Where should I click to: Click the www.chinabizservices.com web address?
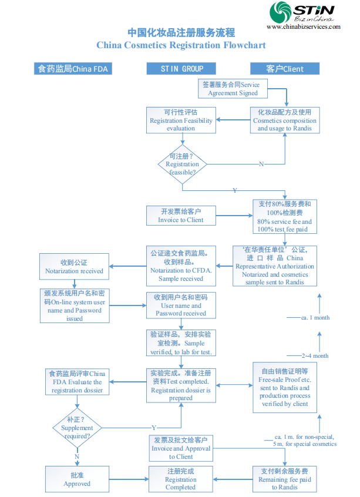tap(304, 26)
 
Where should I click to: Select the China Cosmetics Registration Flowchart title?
tap(181, 45)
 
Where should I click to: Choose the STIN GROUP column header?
tap(181, 69)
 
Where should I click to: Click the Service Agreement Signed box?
tap(231, 89)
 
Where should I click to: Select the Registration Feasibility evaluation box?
tap(181, 120)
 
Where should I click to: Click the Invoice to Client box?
tap(181, 215)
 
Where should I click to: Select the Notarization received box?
tap(74, 267)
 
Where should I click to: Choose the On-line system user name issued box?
tap(74, 305)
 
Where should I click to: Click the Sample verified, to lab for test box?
tap(181, 343)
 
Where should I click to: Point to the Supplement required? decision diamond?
tap(77, 427)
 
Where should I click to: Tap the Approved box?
tap(77, 479)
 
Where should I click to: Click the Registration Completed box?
tap(181, 479)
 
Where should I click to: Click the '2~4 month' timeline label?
tap(315, 355)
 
